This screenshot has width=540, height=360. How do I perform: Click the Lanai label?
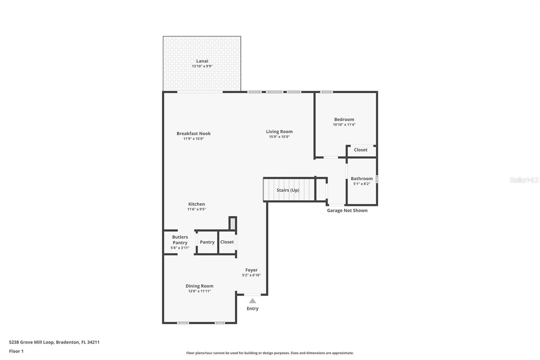(202, 61)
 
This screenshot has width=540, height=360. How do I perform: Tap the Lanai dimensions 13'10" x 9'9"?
(202, 67)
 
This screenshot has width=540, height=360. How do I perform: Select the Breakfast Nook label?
(193, 133)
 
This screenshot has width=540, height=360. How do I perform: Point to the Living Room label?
(279, 132)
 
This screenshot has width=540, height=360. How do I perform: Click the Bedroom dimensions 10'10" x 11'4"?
(344, 125)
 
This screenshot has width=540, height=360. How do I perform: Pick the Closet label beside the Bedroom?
(360, 150)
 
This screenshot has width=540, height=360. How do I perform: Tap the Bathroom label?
(361, 179)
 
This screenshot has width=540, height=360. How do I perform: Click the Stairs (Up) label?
(288, 190)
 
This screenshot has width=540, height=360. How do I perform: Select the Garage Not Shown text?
(347, 210)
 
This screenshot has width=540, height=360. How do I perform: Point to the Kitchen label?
(196, 204)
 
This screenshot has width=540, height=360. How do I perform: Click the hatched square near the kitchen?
(233, 224)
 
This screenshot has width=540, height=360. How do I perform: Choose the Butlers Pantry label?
(180, 240)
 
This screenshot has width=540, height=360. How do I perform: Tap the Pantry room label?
(207, 242)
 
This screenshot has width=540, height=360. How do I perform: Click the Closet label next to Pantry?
(227, 242)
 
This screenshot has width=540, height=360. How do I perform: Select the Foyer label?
(251, 270)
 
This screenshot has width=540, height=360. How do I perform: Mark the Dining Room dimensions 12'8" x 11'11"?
(199, 291)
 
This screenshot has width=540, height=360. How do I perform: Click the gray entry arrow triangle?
(252, 301)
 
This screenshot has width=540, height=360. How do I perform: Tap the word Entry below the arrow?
(252, 309)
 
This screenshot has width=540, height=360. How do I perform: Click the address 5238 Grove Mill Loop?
(54, 342)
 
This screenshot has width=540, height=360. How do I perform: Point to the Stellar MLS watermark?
(524, 180)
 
